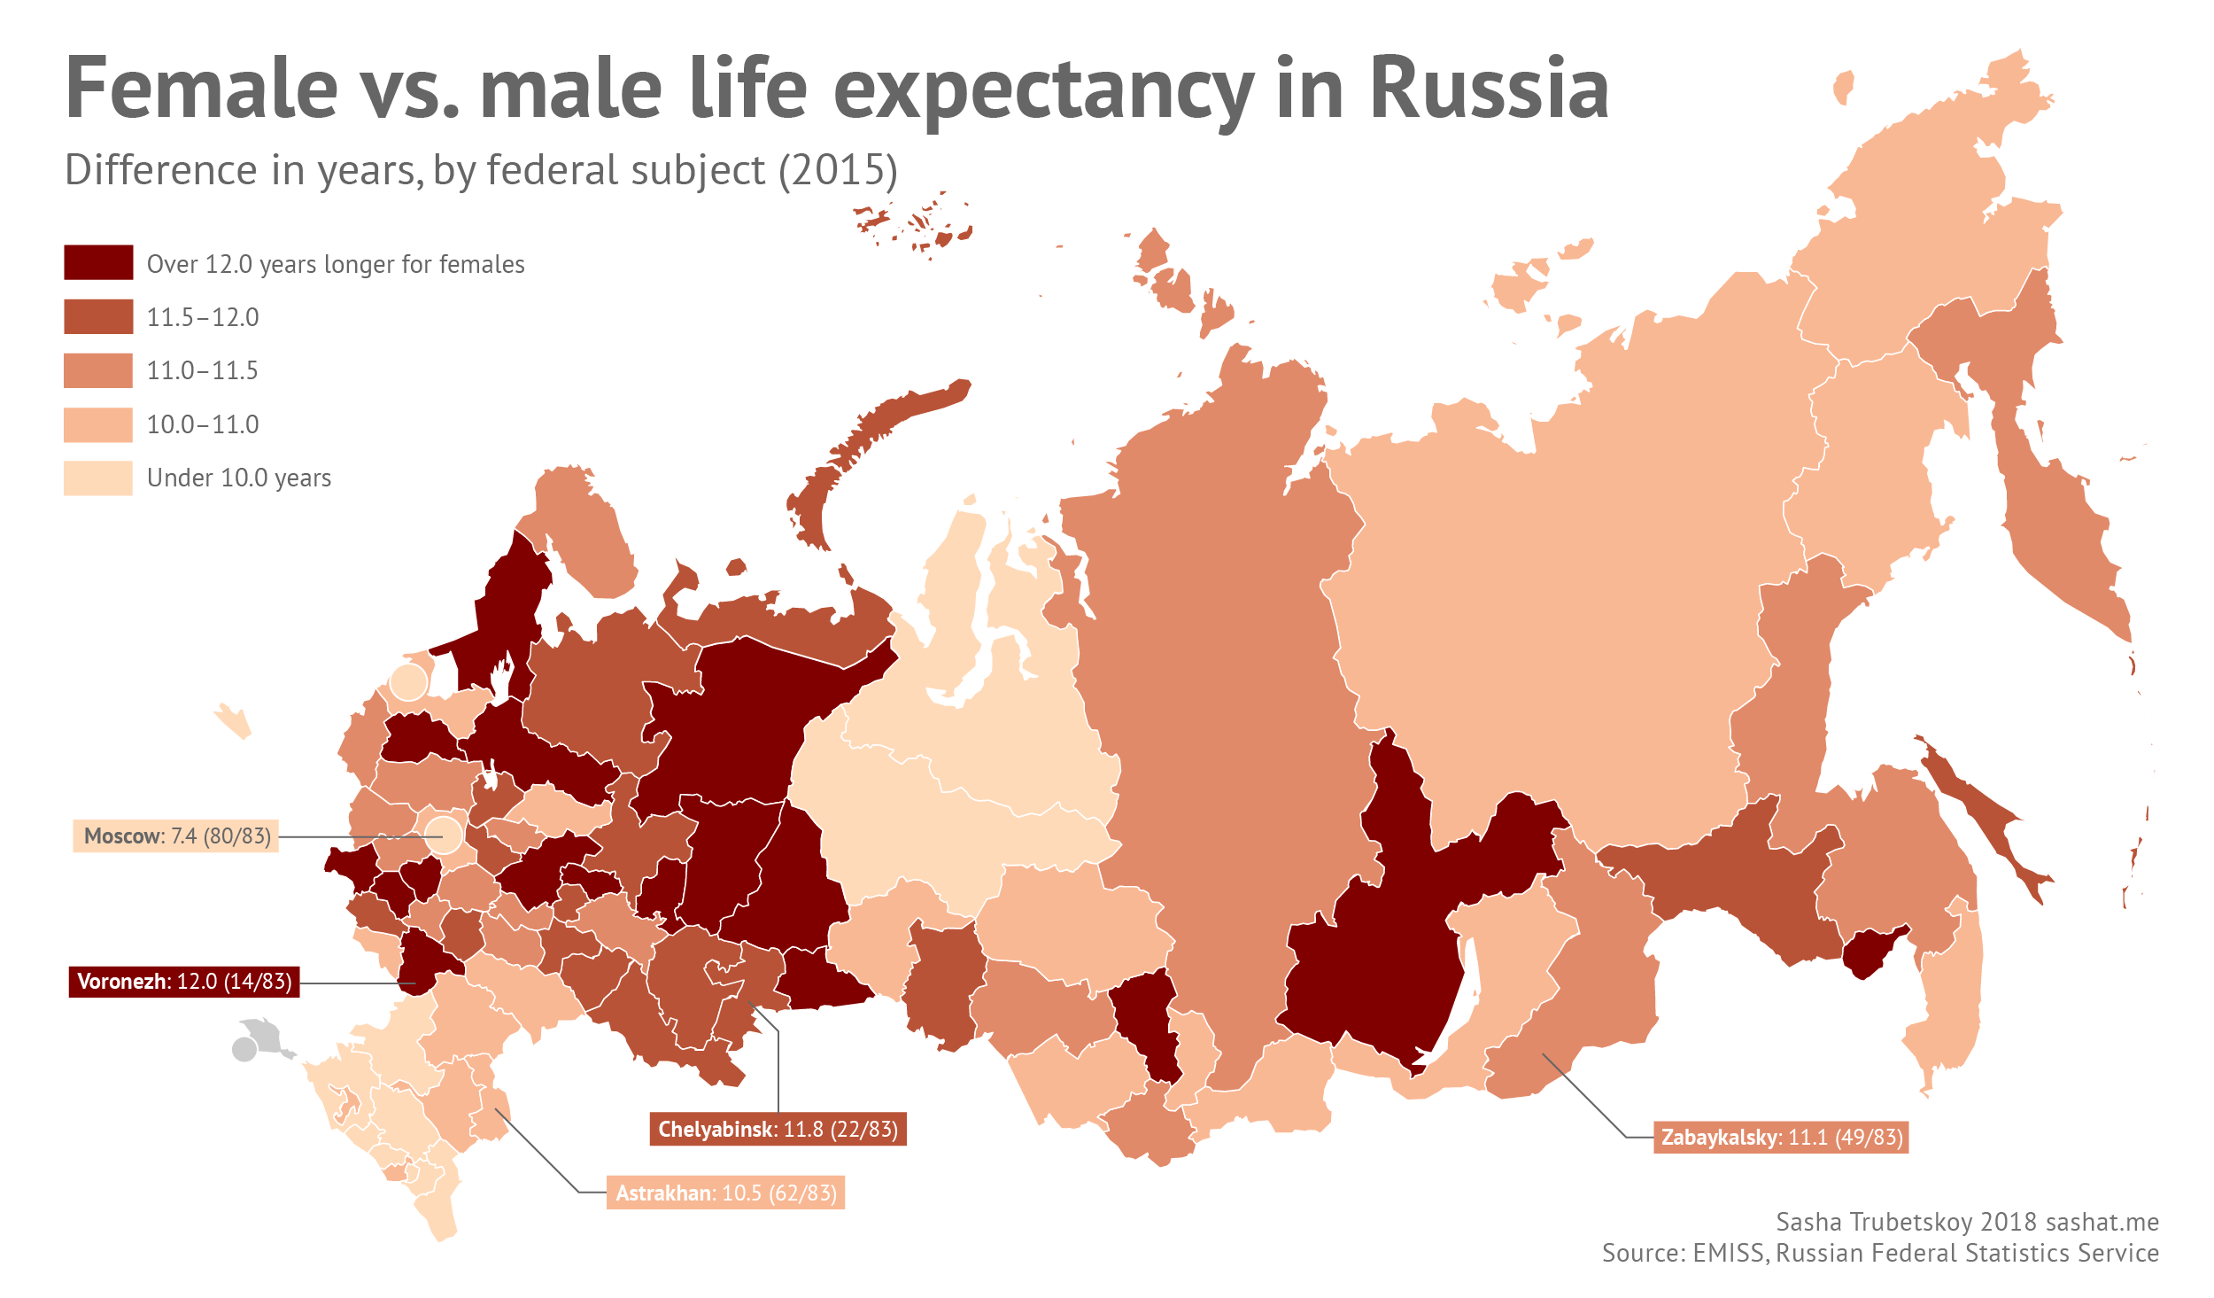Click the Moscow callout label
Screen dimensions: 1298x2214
pos(175,836)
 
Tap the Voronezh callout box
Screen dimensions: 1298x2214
pos(184,981)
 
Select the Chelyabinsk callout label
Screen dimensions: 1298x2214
pos(778,1129)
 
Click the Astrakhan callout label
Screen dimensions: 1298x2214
pos(725,1193)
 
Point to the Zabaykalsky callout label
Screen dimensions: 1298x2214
pos(1781,1137)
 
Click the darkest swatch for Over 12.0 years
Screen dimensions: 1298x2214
pos(98,262)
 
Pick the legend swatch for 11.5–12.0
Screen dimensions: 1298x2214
pos(98,316)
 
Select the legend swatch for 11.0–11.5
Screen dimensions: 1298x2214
pos(98,370)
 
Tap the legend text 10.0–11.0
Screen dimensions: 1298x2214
pos(203,424)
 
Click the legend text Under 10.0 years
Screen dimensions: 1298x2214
pos(239,478)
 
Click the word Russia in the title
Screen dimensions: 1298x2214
pos(1489,89)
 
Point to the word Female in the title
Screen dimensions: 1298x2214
pos(202,89)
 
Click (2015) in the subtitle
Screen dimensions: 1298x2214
pos(838,170)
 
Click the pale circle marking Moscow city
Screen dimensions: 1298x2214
pos(444,835)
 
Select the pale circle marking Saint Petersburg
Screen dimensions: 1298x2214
pos(408,682)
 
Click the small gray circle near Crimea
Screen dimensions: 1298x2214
pos(244,1050)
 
